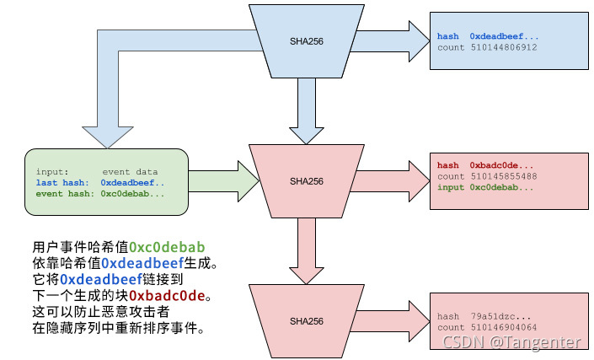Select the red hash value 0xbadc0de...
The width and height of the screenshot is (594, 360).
(501, 165)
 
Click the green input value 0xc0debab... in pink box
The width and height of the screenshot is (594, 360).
(501, 187)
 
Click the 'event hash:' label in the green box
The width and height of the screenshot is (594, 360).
(64, 193)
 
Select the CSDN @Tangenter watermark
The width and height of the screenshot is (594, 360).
(511, 342)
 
